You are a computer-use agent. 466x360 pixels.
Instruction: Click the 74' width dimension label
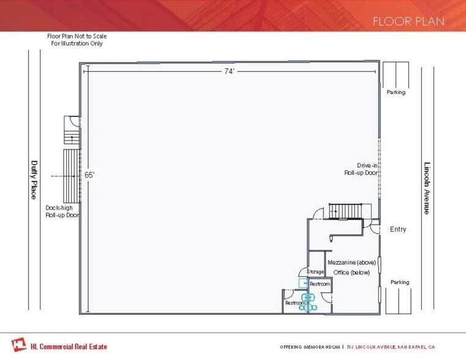tap(229, 72)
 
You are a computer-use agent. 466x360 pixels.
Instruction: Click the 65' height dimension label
tap(89, 175)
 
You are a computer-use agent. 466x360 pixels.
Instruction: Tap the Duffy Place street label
tap(34, 179)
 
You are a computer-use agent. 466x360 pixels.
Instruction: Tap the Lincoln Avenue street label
tap(427, 188)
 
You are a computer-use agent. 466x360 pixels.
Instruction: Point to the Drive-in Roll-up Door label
tap(361, 169)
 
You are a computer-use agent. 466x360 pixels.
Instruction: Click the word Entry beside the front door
tap(397, 230)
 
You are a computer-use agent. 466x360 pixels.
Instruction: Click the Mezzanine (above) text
tap(351, 262)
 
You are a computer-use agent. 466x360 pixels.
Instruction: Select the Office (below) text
tap(351, 272)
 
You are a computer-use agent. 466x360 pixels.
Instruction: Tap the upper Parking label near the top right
tap(396, 92)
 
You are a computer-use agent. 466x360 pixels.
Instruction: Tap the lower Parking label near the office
tap(400, 282)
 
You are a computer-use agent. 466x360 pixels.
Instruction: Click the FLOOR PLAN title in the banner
tap(408, 21)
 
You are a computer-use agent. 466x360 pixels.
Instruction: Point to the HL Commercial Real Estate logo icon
tap(19, 345)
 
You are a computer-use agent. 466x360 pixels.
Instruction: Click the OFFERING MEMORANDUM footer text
tap(309, 347)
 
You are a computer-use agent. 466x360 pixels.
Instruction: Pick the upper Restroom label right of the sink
tap(320, 284)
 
